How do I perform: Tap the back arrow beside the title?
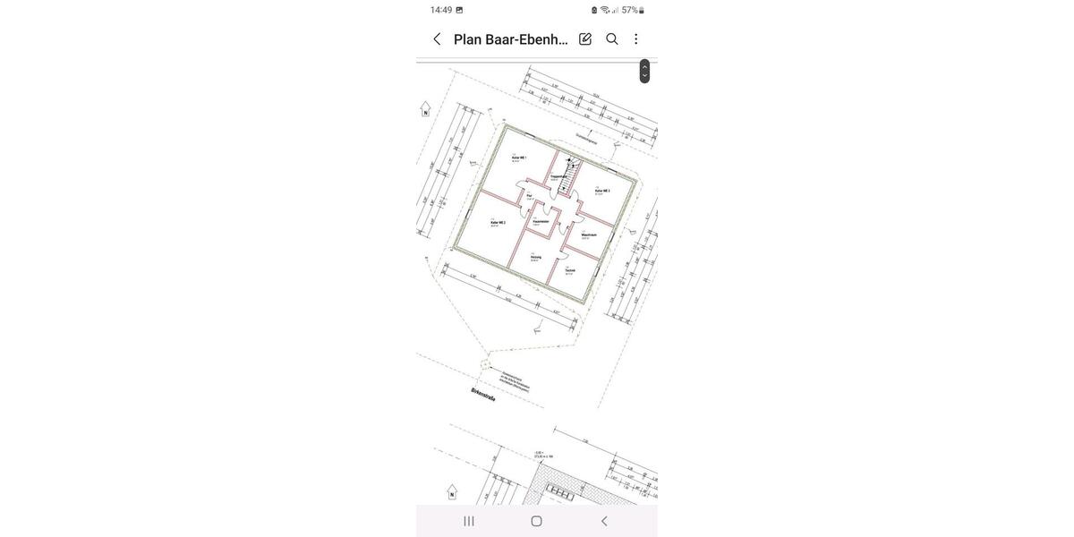tap(437, 39)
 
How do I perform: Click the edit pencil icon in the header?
tap(585, 39)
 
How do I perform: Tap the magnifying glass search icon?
tap(612, 39)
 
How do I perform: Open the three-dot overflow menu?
tap(636, 39)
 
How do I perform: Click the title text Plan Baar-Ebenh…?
tap(510, 39)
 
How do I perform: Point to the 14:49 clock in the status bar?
tap(441, 10)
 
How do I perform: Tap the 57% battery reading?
tap(629, 10)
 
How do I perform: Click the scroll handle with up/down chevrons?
tap(644, 72)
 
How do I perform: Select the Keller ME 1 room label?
tap(519, 158)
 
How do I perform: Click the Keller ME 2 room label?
tap(498, 223)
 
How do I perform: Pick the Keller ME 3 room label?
tap(602, 191)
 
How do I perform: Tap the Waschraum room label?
tap(589, 235)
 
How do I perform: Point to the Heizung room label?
tap(535, 257)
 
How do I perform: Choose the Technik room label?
tap(570, 270)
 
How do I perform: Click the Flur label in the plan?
tap(529, 195)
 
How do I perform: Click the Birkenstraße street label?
tap(483, 395)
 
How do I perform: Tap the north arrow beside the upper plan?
tap(425, 109)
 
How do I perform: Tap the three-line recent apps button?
tap(469, 521)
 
